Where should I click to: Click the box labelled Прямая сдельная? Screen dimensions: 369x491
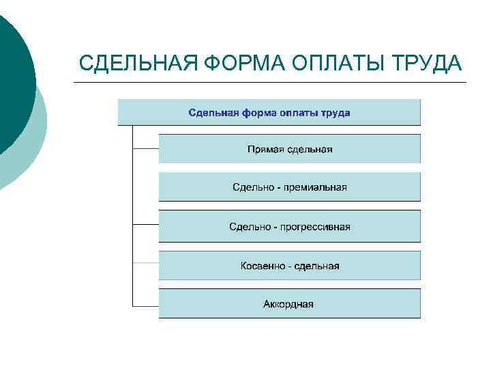[290, 149]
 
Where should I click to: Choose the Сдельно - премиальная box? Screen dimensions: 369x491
[290, 187]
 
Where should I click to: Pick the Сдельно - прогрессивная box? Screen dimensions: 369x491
[290, 227]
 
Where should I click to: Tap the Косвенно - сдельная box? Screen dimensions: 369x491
[290, 266]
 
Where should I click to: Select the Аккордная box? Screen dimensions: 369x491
[290, 304]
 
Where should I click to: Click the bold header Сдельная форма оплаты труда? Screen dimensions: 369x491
[269, 112]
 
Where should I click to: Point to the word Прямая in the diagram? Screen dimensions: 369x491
[263, 149]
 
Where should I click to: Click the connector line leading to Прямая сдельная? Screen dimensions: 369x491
[145, 148]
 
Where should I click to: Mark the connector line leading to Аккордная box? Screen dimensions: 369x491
[145, 304]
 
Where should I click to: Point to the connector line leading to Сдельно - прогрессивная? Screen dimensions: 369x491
[145, 225]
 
